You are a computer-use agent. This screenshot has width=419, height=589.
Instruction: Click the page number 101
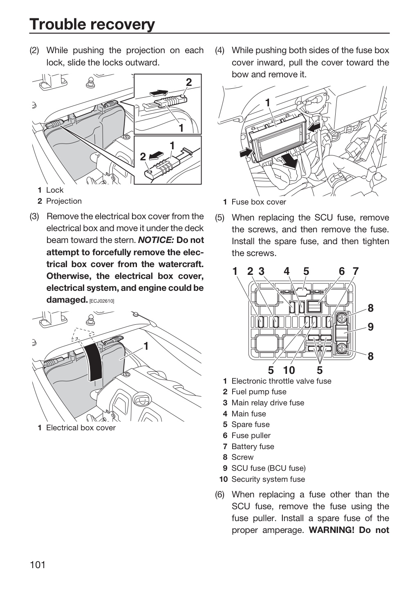click(x=38, y=564)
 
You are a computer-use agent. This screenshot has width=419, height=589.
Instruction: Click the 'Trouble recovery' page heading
click(x=92, y=24)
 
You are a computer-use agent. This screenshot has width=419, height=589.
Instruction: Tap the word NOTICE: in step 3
click(x=155, y=240)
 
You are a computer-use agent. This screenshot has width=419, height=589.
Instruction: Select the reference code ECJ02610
click(x=102, y=301)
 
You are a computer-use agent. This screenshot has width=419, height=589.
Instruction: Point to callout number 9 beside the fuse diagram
click(x=370, y=327)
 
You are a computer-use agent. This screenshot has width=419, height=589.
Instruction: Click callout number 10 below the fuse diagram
click(x=289, y=370)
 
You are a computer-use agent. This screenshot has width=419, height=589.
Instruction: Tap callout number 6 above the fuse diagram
click(x=341, y=271)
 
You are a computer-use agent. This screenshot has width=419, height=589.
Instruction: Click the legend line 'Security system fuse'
click(x=268, y=479)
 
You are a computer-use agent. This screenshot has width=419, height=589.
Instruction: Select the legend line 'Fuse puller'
click(x=251, y=436)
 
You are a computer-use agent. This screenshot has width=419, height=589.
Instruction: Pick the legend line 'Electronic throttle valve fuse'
click(x=281, y=381)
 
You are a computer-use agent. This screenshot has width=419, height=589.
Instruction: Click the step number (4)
click(x=220, y=50)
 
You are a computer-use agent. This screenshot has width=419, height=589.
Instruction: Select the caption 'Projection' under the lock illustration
click(x=64, y=201)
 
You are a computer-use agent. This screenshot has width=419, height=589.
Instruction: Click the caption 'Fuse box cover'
click(x=259, y=202)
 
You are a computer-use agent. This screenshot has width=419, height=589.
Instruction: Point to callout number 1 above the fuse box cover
click(x=268, y=103)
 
